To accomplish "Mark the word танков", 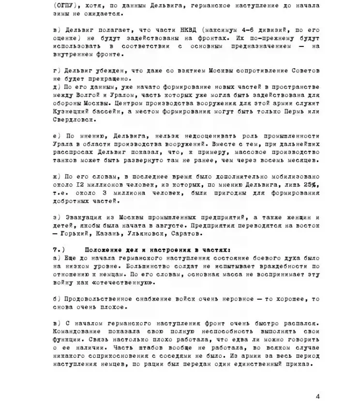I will [x=64, y=159].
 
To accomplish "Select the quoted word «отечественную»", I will [x=115, y=283].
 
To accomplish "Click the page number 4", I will [x=317, y=396].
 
